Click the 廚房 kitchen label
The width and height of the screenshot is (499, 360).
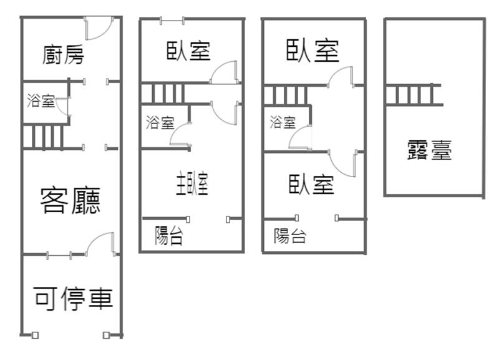tap(63, 55)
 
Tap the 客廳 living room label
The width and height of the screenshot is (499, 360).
tap(70, 200)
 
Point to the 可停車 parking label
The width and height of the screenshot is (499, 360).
tap(73, 298)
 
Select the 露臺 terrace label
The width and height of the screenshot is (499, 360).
tap(429, 150)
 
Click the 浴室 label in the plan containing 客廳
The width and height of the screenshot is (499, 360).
tap(41, 100)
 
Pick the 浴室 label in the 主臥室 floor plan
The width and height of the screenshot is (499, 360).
tap(160, 122)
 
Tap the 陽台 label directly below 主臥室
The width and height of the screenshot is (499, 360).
tap(168, 236)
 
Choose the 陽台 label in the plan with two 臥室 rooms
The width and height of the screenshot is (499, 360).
tap(290, 236)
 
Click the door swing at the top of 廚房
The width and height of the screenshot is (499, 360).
tap(99, 29)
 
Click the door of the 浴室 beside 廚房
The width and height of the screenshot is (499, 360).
tap(62, 107)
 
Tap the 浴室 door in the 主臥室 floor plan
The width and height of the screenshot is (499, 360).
tap(180, 135)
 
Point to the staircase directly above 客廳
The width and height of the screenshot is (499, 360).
tap(43, 137)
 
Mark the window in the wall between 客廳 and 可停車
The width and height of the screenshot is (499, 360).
tap(59, 255)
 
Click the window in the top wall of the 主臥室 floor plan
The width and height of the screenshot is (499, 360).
tap(172, 21)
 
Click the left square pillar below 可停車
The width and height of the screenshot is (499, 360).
tap(36, 335)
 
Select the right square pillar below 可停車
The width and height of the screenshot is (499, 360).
tap(106, 335)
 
